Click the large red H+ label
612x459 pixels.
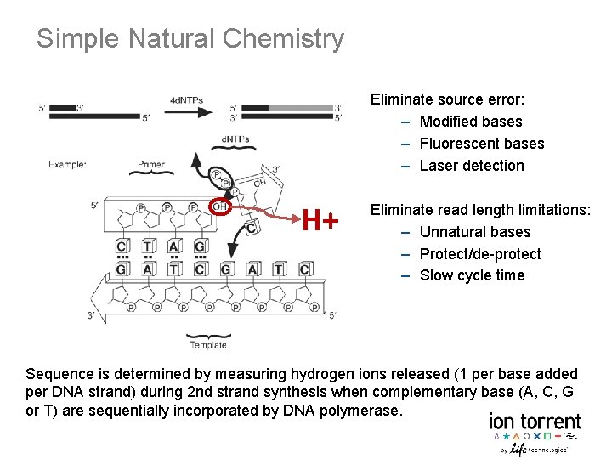pos(321,222)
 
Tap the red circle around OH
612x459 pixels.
pos(220,206)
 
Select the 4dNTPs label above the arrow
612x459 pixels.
pos(186,99)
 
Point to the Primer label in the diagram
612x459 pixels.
pos(150,164)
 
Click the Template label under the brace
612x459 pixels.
pos(207,344)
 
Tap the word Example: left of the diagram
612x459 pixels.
pos(67,164)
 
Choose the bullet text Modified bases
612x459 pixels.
pos(471,122)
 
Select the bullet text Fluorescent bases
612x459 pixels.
pos(482,144)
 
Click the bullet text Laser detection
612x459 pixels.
pos(472,166)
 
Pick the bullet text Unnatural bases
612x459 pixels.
pos(475,232)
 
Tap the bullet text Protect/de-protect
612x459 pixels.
pos(480,254)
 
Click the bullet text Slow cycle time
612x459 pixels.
pos(472,275)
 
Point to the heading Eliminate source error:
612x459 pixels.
pos(447,99)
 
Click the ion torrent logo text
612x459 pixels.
pos(535,422)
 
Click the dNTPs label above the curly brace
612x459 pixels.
pos(235,139)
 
